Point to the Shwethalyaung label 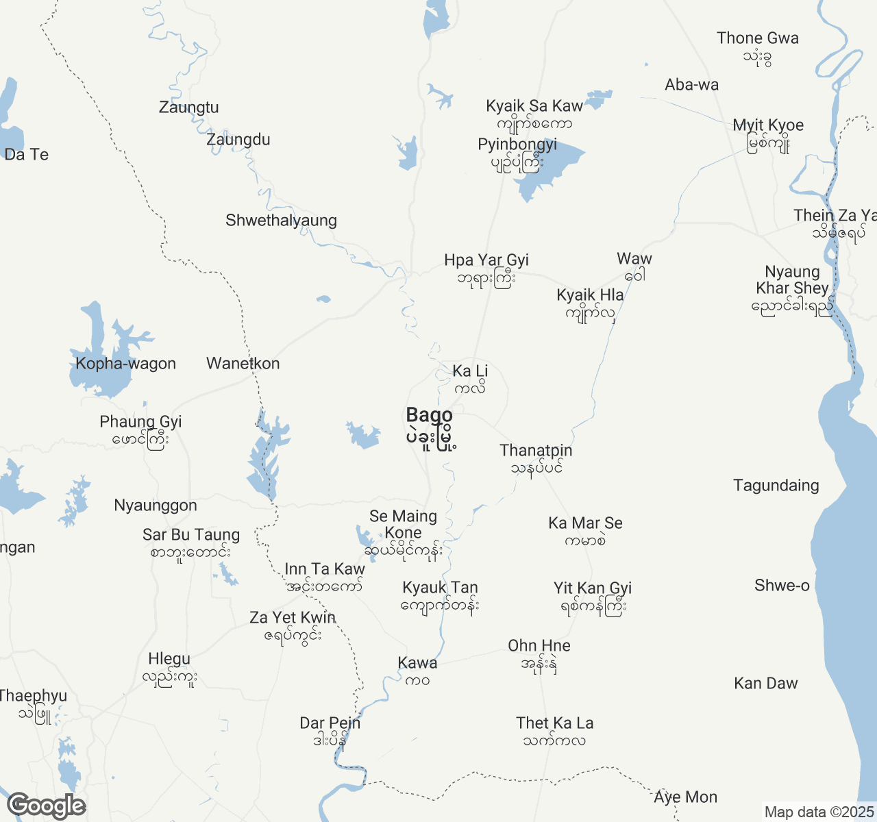pyautogui.click(x=281, y=221)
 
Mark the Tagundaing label pyautogui.click(x=776, y=486)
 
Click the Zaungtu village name pyautogui.click(x=188, y=108)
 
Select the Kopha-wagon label pyautogui.click(x=125, y=364)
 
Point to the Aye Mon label pyautogui.click(x=685, y=797)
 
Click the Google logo pyautogui.click(x=46, y=806)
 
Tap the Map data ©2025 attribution pyautogui.click(x=819, y=812)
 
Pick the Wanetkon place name pyautogui.click(x=243, y=364)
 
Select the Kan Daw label pyautogui.click(x=765, y=684)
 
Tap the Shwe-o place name pyautogui.click(x=782, y=586)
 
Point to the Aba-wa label pyautogui.click(x=691, y=85)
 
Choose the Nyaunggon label pyautogui.click(x=156, y=506)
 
